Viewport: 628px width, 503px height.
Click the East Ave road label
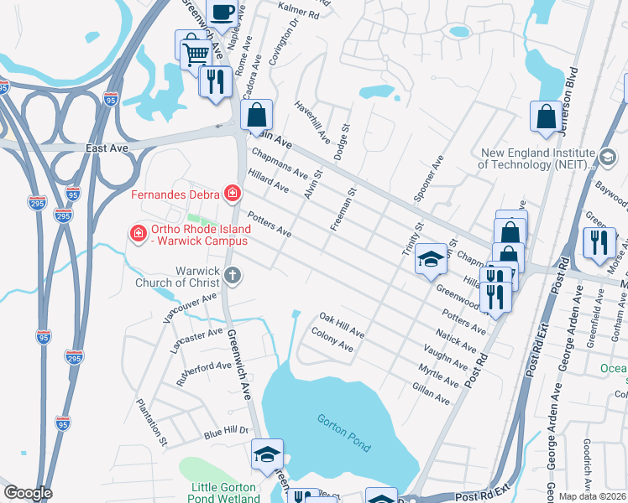pyautogui.click(x=107, y=148)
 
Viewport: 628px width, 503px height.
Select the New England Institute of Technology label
pyautogui.click(x=537, y=158)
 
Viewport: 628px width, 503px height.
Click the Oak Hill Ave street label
pyautogui.click(x=342, y=325)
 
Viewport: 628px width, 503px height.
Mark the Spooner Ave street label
pyautogui.click(x=428, y=179)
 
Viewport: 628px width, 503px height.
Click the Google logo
pyautogui.click(x=28, y=493)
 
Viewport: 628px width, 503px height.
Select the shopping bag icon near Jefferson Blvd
pyautogui.click(x=546, y=117)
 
